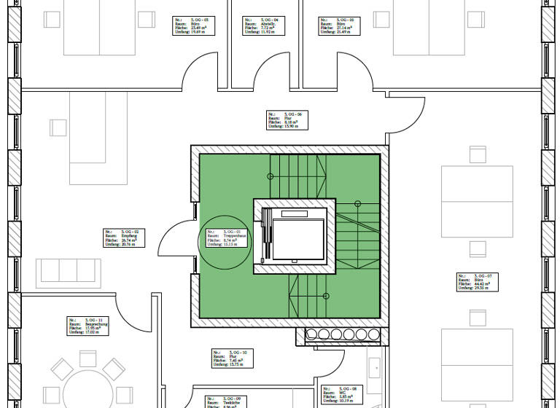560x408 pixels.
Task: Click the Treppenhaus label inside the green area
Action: coord(225,239)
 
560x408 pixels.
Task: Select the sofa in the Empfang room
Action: coord(70,272)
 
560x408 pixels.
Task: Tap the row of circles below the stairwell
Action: coord(343,335)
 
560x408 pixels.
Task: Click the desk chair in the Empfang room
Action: coord(59,127)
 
